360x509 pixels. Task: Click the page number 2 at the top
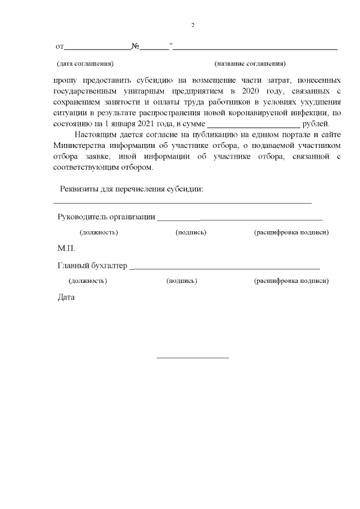point(193,25)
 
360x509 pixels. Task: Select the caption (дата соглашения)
point(85,64)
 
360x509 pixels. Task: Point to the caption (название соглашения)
point(250,64)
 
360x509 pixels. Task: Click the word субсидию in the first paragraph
point(141,81)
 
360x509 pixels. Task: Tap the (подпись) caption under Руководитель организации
point(191,232)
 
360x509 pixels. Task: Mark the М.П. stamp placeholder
point(66,248)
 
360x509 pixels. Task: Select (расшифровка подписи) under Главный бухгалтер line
point(291,280)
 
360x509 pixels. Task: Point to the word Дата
point(66,297)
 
